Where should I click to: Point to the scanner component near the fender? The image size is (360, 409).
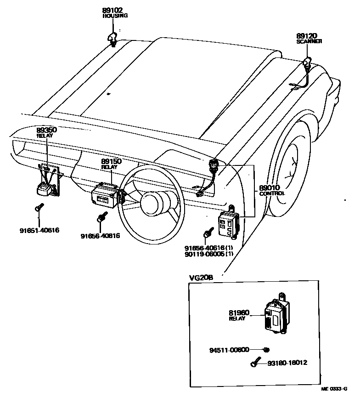pyautogui.click(x=307, y=62)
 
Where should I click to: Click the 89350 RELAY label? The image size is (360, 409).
pyautogui.click(x=46, y=132)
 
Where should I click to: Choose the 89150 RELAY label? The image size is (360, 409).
pyautogui.click(x=110, y=164)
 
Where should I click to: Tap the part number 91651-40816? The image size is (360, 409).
pyautogui.click(x=39, y=230)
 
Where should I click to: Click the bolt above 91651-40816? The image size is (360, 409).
pyautogui.click(x=39, y=209)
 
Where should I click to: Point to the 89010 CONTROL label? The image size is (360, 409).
pyautogui.click(x=272, y=190)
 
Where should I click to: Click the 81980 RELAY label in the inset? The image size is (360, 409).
pyautogui.click(x=239, y=315)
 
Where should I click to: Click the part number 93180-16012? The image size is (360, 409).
pyautogui.click(x=287, y=363)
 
